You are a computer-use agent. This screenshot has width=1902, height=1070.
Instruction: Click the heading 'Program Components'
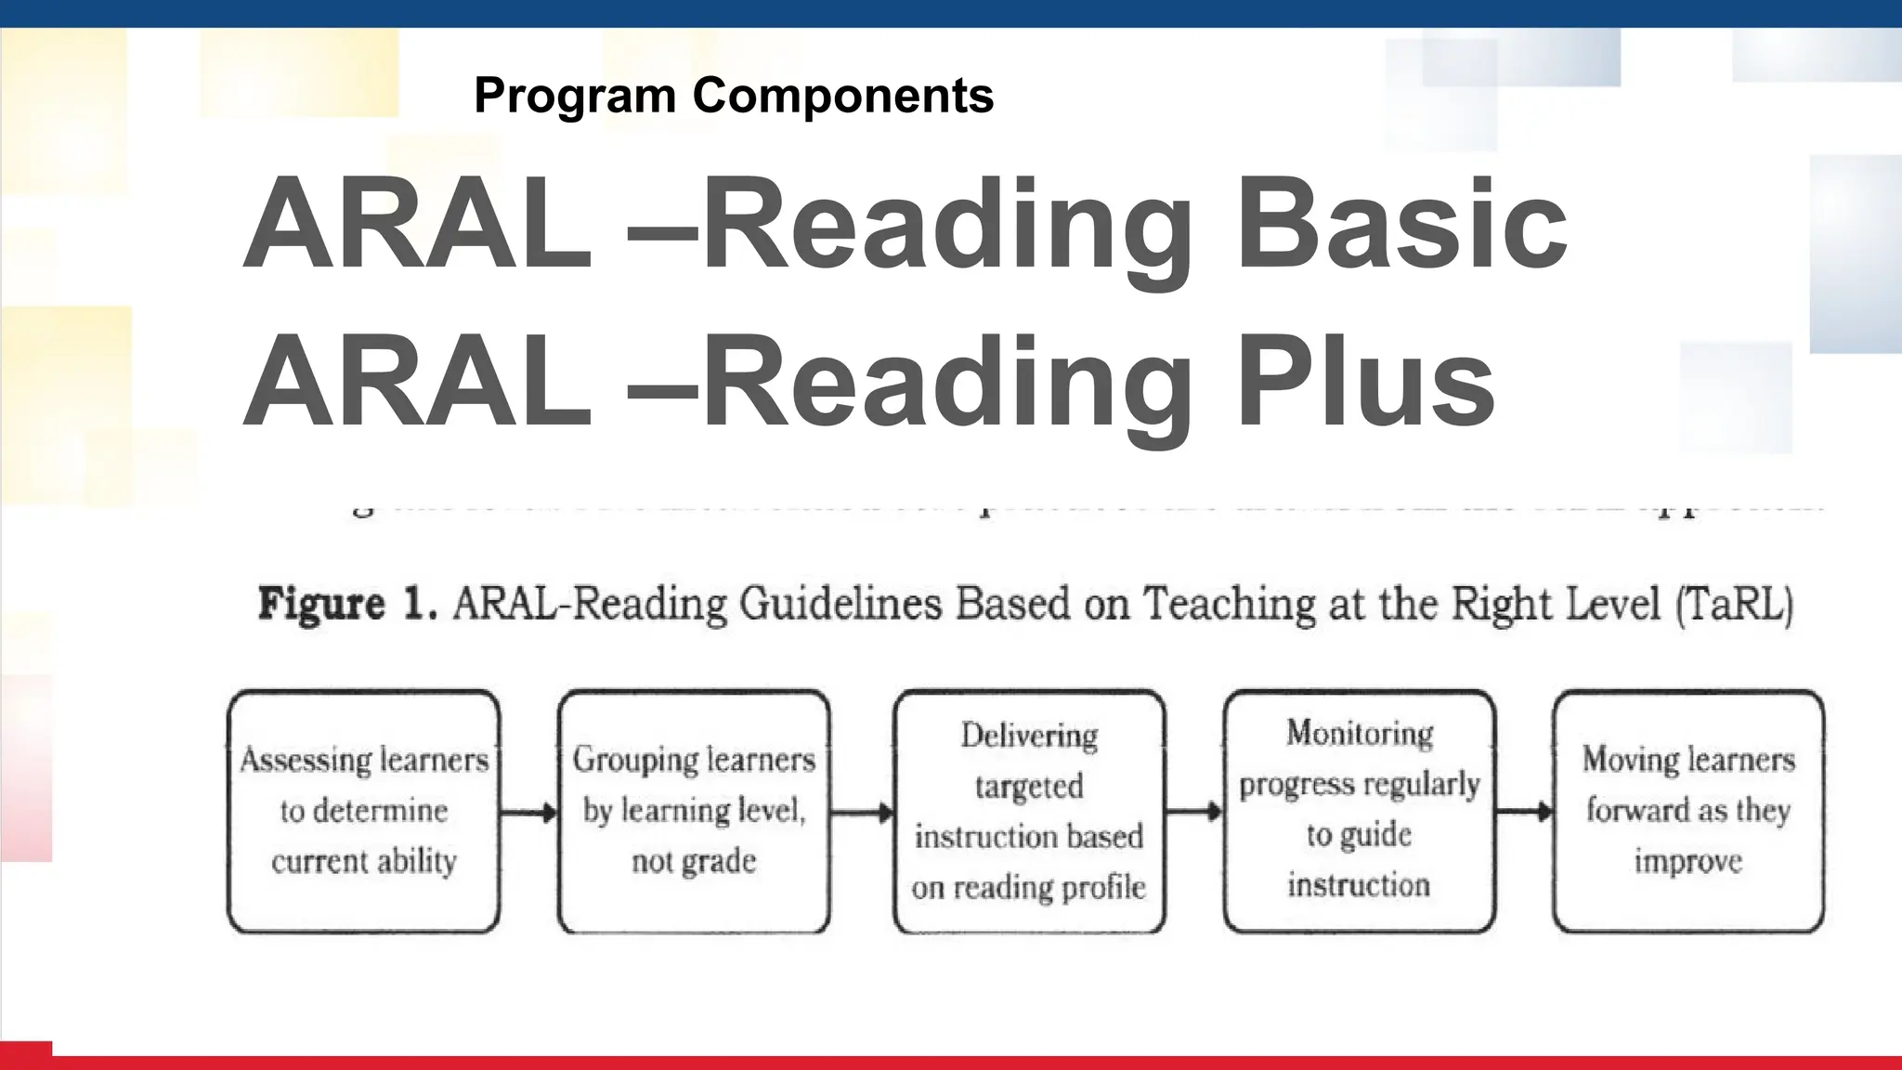[733, 96]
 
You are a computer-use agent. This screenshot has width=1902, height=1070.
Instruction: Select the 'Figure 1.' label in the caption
[346, 604]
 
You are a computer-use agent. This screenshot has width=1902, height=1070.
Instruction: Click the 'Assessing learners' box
[364, 811]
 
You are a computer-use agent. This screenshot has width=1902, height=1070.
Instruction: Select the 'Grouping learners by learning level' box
[694, 811]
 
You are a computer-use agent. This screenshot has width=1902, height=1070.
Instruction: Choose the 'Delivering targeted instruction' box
[1029, 811]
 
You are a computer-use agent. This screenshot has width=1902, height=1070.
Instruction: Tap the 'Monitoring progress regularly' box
[1359, 811]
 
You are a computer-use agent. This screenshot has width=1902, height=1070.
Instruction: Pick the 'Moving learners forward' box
[1687, 811]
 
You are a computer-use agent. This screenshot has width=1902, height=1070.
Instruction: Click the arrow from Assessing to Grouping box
[528, 814]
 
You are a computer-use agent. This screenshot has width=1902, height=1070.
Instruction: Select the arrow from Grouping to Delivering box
[861, 814]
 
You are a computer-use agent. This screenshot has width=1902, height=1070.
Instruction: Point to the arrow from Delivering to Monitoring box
[1193, 812]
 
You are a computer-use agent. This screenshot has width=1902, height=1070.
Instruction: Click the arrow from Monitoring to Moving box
[1523, 812]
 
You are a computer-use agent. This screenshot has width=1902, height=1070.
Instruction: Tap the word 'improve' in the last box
[1687, 861]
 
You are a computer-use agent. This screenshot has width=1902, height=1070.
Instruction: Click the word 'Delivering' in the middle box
[1029, 736]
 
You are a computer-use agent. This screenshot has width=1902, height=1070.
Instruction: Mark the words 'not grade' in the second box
[694, 862]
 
